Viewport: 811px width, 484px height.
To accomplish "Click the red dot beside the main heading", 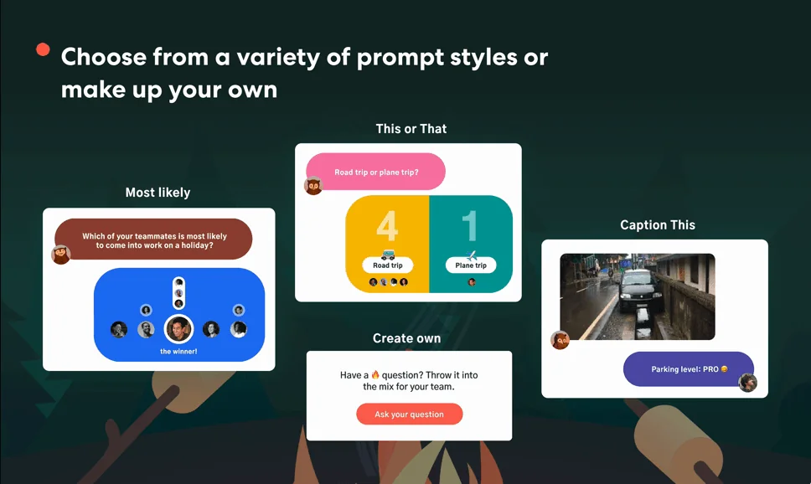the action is coord(43,49).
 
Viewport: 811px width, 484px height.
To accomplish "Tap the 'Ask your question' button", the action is coord(409,414).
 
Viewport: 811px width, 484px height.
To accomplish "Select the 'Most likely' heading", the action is coord(158,193).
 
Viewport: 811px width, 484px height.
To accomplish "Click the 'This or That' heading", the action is coord(411,129).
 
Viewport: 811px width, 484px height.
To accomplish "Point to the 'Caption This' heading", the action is coord(658,225).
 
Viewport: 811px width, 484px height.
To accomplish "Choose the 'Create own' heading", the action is coord(406,338).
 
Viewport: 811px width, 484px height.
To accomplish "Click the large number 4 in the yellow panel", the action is coord(387,226).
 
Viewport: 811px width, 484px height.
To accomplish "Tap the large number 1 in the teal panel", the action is coord(470,226).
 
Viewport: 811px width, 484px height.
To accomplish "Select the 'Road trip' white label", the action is coord(387,265).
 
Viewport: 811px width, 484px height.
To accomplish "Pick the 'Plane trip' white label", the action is coord(471,265).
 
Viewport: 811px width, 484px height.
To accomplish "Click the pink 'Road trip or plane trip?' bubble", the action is coord(376,172).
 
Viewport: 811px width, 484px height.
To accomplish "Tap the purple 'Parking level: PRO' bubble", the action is coord(689,369).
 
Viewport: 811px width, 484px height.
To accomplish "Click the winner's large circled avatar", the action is coord(178,329).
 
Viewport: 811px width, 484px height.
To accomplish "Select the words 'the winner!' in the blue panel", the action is coord(178,352).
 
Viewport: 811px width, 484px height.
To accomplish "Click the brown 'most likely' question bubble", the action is coord(153,239).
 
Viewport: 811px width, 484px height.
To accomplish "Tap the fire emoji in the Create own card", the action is coord(375,374).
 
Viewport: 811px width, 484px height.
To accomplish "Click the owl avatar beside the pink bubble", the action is coord(313,186).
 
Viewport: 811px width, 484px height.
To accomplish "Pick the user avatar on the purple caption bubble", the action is coord(747,383).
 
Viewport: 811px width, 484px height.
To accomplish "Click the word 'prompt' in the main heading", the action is coord(400,58).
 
